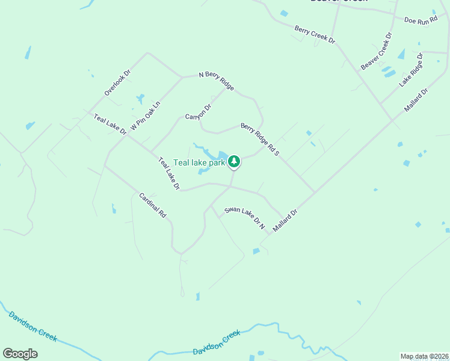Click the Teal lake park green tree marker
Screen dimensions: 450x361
(234, 162)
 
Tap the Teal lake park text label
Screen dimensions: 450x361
(199, 162)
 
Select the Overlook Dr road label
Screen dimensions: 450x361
(117, 83)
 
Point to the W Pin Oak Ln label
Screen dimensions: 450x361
(146, 116)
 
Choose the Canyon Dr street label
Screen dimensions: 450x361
(199, 112)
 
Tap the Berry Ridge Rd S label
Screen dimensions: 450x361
(260, 139)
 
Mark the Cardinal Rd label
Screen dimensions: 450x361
(152, 205)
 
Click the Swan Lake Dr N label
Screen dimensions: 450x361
(245, 218)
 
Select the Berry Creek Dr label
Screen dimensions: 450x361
(314, 34)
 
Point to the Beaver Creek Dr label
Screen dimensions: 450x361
(377, 51)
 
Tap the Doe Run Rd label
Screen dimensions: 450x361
(421, 20)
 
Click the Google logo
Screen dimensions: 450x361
(20, 354)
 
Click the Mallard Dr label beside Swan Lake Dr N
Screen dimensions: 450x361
(285, 221)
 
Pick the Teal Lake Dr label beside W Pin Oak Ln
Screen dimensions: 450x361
(110, 123)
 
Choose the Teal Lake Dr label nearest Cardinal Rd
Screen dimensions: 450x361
(169, 174)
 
